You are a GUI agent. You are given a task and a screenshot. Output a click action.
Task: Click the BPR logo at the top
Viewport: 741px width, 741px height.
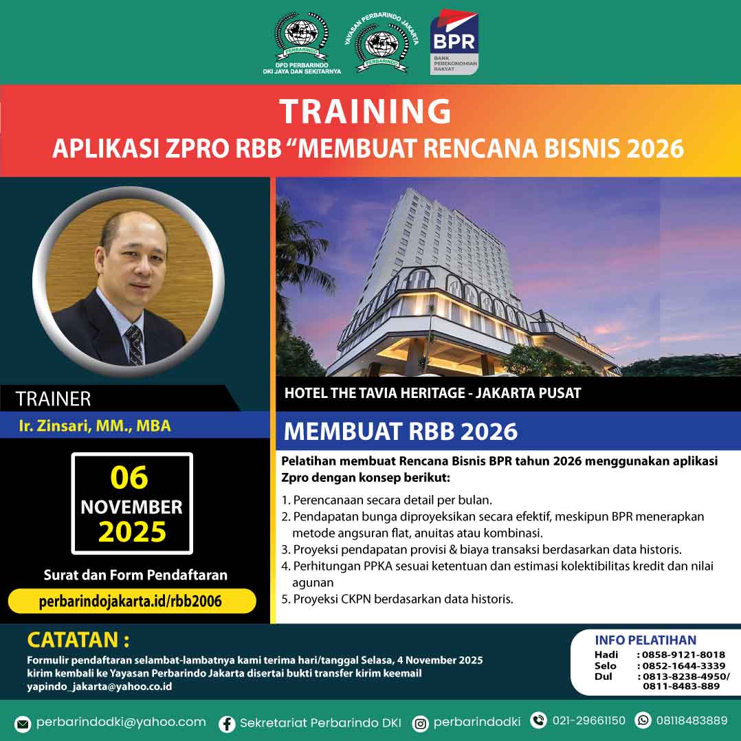454,42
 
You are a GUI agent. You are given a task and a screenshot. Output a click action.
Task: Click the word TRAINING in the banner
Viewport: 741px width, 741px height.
365,111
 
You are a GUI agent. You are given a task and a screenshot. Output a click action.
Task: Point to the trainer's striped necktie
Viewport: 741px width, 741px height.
135,344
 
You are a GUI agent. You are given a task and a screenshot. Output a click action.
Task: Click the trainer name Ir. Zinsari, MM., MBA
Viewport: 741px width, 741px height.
95,425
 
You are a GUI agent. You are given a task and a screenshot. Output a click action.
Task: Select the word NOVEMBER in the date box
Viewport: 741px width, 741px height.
131,507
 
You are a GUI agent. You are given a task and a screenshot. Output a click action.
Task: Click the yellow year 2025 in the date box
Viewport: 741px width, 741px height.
132,532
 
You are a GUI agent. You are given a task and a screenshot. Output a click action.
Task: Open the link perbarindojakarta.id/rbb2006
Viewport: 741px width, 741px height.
131,601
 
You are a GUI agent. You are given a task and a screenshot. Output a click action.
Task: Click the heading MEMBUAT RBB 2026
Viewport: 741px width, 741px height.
401,432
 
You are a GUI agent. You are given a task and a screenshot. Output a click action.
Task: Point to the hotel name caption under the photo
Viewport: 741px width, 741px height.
433,393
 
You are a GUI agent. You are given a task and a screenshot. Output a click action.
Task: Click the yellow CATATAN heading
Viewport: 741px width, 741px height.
78,640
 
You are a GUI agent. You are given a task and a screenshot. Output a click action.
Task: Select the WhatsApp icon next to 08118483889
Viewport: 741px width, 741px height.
643,720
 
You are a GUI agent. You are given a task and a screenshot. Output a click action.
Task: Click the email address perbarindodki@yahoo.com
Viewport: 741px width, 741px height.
121,722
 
